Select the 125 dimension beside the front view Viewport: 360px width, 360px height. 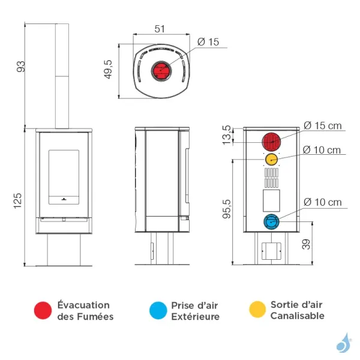18,198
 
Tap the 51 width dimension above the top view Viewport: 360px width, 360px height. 160,29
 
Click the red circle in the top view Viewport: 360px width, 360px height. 160,71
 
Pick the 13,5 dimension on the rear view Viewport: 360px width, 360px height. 227,136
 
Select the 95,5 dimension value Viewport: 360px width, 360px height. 227,207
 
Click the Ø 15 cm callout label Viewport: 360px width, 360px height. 322,125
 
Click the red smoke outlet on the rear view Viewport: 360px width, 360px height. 271,142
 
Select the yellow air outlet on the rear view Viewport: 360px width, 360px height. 271,159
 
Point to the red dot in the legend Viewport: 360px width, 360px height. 43,310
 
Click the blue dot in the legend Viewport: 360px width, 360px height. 157,310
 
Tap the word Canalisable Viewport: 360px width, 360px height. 297,316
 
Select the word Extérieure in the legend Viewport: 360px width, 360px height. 196,316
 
